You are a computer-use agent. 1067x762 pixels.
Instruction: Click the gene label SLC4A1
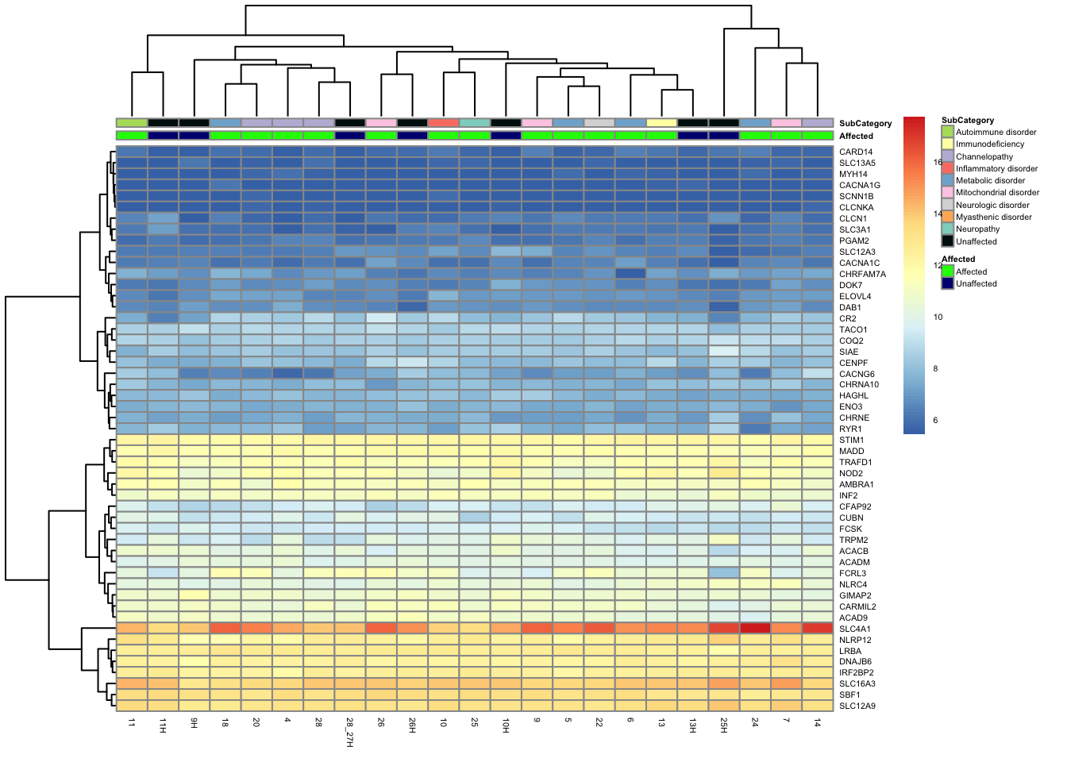[854, 629]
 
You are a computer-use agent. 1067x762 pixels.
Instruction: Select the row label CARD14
[856, 152]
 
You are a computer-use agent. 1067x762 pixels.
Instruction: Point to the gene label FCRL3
[853, 573]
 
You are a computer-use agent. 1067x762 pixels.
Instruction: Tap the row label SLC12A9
[857, 706]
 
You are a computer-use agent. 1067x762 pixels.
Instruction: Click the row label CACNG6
[857, 374]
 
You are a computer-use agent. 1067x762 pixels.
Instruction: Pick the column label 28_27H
[350, 733]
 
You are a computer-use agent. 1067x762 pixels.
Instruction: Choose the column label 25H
[723, 725]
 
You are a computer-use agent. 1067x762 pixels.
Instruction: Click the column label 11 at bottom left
[132, 722]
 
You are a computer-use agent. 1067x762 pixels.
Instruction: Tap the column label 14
[817, 722]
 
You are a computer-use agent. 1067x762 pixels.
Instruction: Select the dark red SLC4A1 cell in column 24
[754, 628]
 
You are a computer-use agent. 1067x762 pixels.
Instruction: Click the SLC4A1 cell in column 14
[817, 628]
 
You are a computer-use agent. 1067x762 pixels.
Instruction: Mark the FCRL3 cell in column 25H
[723, 572]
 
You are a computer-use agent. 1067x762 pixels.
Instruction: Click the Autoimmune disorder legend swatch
[947, 132]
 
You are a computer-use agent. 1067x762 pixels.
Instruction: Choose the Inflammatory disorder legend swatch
[947, 168]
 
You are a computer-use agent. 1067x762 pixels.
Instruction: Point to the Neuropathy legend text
[977, 229]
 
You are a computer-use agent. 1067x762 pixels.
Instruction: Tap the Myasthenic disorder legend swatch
[947, 217]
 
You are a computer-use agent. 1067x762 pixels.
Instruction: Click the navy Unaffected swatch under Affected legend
[947, 283]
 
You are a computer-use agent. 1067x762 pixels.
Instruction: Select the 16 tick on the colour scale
[938, 162]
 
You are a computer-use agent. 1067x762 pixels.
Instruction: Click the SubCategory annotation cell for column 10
[443, 123]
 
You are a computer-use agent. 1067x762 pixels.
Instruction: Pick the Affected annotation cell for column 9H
[194, 136]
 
